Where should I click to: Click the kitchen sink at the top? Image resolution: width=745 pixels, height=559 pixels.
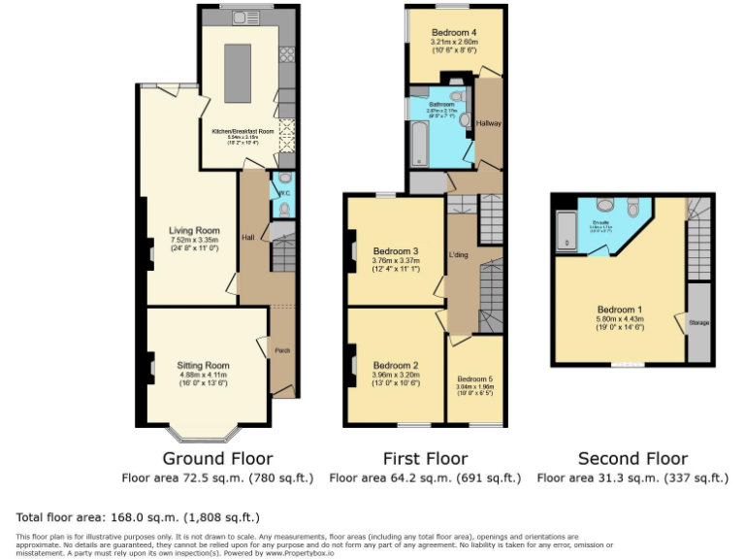244,17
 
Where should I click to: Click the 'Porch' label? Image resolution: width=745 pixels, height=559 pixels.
282,350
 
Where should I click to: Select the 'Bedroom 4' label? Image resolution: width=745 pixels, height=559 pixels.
453,33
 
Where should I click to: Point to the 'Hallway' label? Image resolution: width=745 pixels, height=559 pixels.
489,123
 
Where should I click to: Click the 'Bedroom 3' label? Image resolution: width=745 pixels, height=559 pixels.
395,251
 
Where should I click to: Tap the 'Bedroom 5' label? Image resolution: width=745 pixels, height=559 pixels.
474,378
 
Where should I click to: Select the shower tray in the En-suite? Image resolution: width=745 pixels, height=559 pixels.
567,233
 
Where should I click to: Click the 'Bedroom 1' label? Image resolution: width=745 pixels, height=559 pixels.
620,310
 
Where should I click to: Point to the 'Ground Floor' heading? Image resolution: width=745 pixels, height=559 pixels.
217,458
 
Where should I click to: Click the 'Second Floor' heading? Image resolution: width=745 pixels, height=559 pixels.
632,458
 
